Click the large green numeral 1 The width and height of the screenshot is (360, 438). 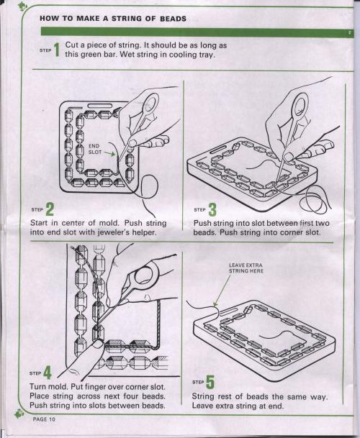pyautogui.click(x=57, y=50)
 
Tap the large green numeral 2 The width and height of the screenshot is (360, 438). pyautogui.click(x=50, y=209)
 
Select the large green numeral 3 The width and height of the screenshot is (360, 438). pyautogui.click(x=212, y=209)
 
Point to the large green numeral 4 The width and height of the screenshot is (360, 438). pyautogui.click(x=48, y=373)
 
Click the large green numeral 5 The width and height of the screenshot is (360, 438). pyautogui.click(x=210, y=382)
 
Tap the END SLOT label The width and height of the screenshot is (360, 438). pyautogui.click(x=95, y=149)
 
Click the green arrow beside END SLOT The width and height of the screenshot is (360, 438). pyautogui.click(x=109, y=153)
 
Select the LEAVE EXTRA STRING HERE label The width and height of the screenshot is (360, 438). pyautogui.click(x=246, y=268)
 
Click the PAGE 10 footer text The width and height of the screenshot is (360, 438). pyautogui.click(x=44, y=419)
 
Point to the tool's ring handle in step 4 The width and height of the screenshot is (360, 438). pyautogui.click(x=145, y=275)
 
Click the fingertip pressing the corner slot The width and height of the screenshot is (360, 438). pyautogui.click(x=96, y=345)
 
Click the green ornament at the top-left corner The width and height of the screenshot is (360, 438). pyautogui.click(x=22, y=6)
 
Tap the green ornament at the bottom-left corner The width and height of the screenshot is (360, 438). pyautogui.click(x=19, y=414)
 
